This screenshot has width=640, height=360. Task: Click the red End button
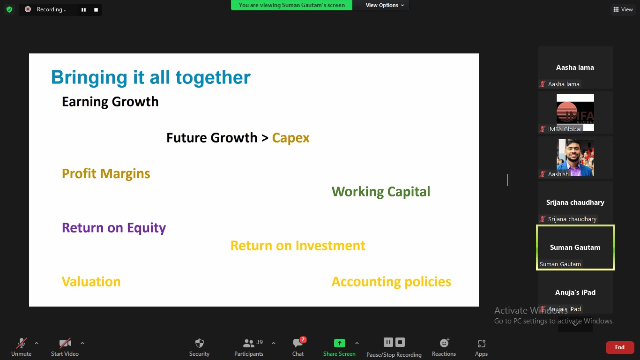(619, 347)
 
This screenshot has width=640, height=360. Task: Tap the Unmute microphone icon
(22, 343)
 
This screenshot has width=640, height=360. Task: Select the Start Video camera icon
(65, 343)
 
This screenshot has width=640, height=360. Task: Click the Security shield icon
(200, 343)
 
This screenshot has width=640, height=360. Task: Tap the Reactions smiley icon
(444, 343)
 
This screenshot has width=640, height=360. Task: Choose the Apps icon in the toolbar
(482, 343)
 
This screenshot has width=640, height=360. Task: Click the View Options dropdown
(385, 5)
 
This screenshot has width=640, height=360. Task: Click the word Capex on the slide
(290, 138)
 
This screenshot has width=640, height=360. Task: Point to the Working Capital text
(380, 192)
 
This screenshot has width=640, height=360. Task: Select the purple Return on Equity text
(114, 228)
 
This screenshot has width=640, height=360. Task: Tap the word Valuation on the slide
(91, 282)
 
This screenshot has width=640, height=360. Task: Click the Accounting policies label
(391, 282)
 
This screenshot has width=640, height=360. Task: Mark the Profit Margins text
(106, 173)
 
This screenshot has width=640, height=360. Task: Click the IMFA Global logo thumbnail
(575, 112)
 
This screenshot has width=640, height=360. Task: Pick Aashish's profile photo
(575, 157)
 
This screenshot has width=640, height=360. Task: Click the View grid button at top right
(623, 9)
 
